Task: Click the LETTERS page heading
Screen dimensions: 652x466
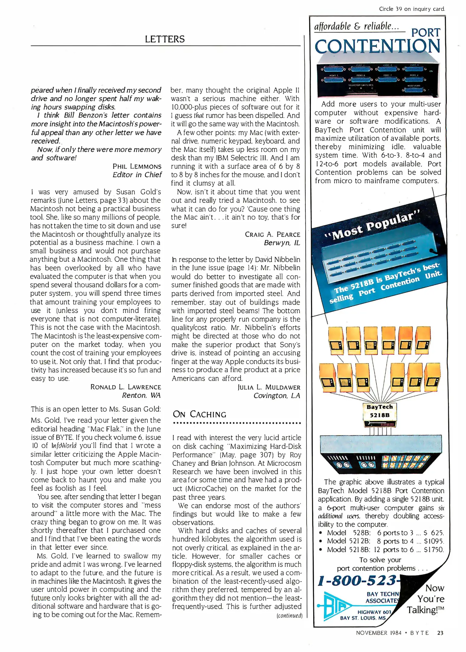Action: (165, 39)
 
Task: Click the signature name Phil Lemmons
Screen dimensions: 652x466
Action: (137, 166)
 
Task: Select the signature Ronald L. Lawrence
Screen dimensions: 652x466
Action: (126, 387)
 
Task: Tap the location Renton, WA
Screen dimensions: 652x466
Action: (141, 395)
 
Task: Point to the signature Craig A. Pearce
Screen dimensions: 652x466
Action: (272, 234)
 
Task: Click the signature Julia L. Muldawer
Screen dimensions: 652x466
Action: (269, 387)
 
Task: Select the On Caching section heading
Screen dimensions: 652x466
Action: (199, 414)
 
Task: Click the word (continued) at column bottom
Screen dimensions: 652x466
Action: (289, 615)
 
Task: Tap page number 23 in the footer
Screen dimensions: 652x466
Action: (440, 633)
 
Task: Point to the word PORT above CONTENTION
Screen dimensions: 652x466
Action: (426, 32)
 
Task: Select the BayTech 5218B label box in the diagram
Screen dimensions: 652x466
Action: (379, 411)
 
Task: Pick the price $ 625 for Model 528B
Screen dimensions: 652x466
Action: (433, 532)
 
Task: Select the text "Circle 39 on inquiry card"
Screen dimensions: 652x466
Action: (412, 9)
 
